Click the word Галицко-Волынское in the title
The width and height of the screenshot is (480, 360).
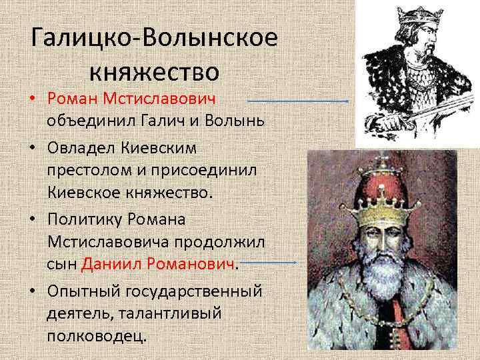pyautogui.click(x=154, y=38)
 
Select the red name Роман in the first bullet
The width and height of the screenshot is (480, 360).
pyautogui.click(x=73, y=99)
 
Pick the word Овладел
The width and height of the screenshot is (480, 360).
pyautogui.click(x=81, y=145)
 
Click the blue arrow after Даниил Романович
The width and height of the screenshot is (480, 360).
pyautogui.click(x=269, y=262)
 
